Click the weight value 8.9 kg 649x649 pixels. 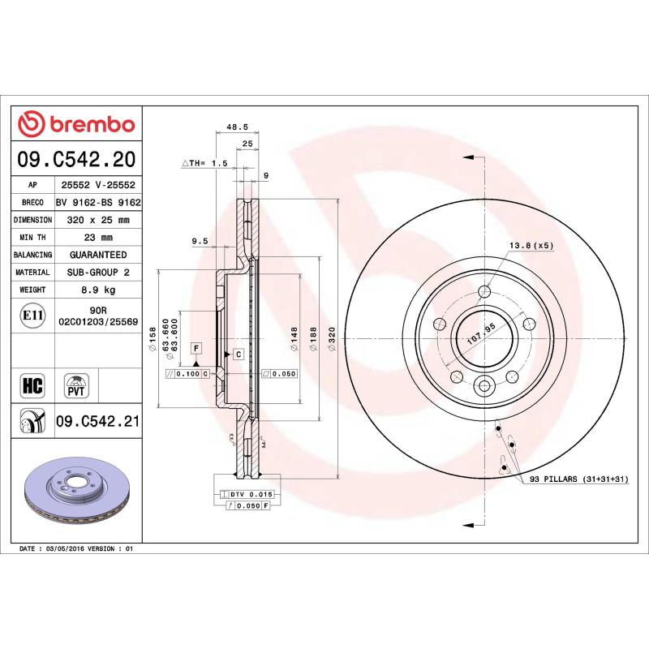98,290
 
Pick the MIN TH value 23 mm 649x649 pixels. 98,238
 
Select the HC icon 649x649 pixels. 31,385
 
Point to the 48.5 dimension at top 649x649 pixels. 236,127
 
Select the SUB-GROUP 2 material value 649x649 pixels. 98,273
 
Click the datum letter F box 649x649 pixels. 196,347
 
